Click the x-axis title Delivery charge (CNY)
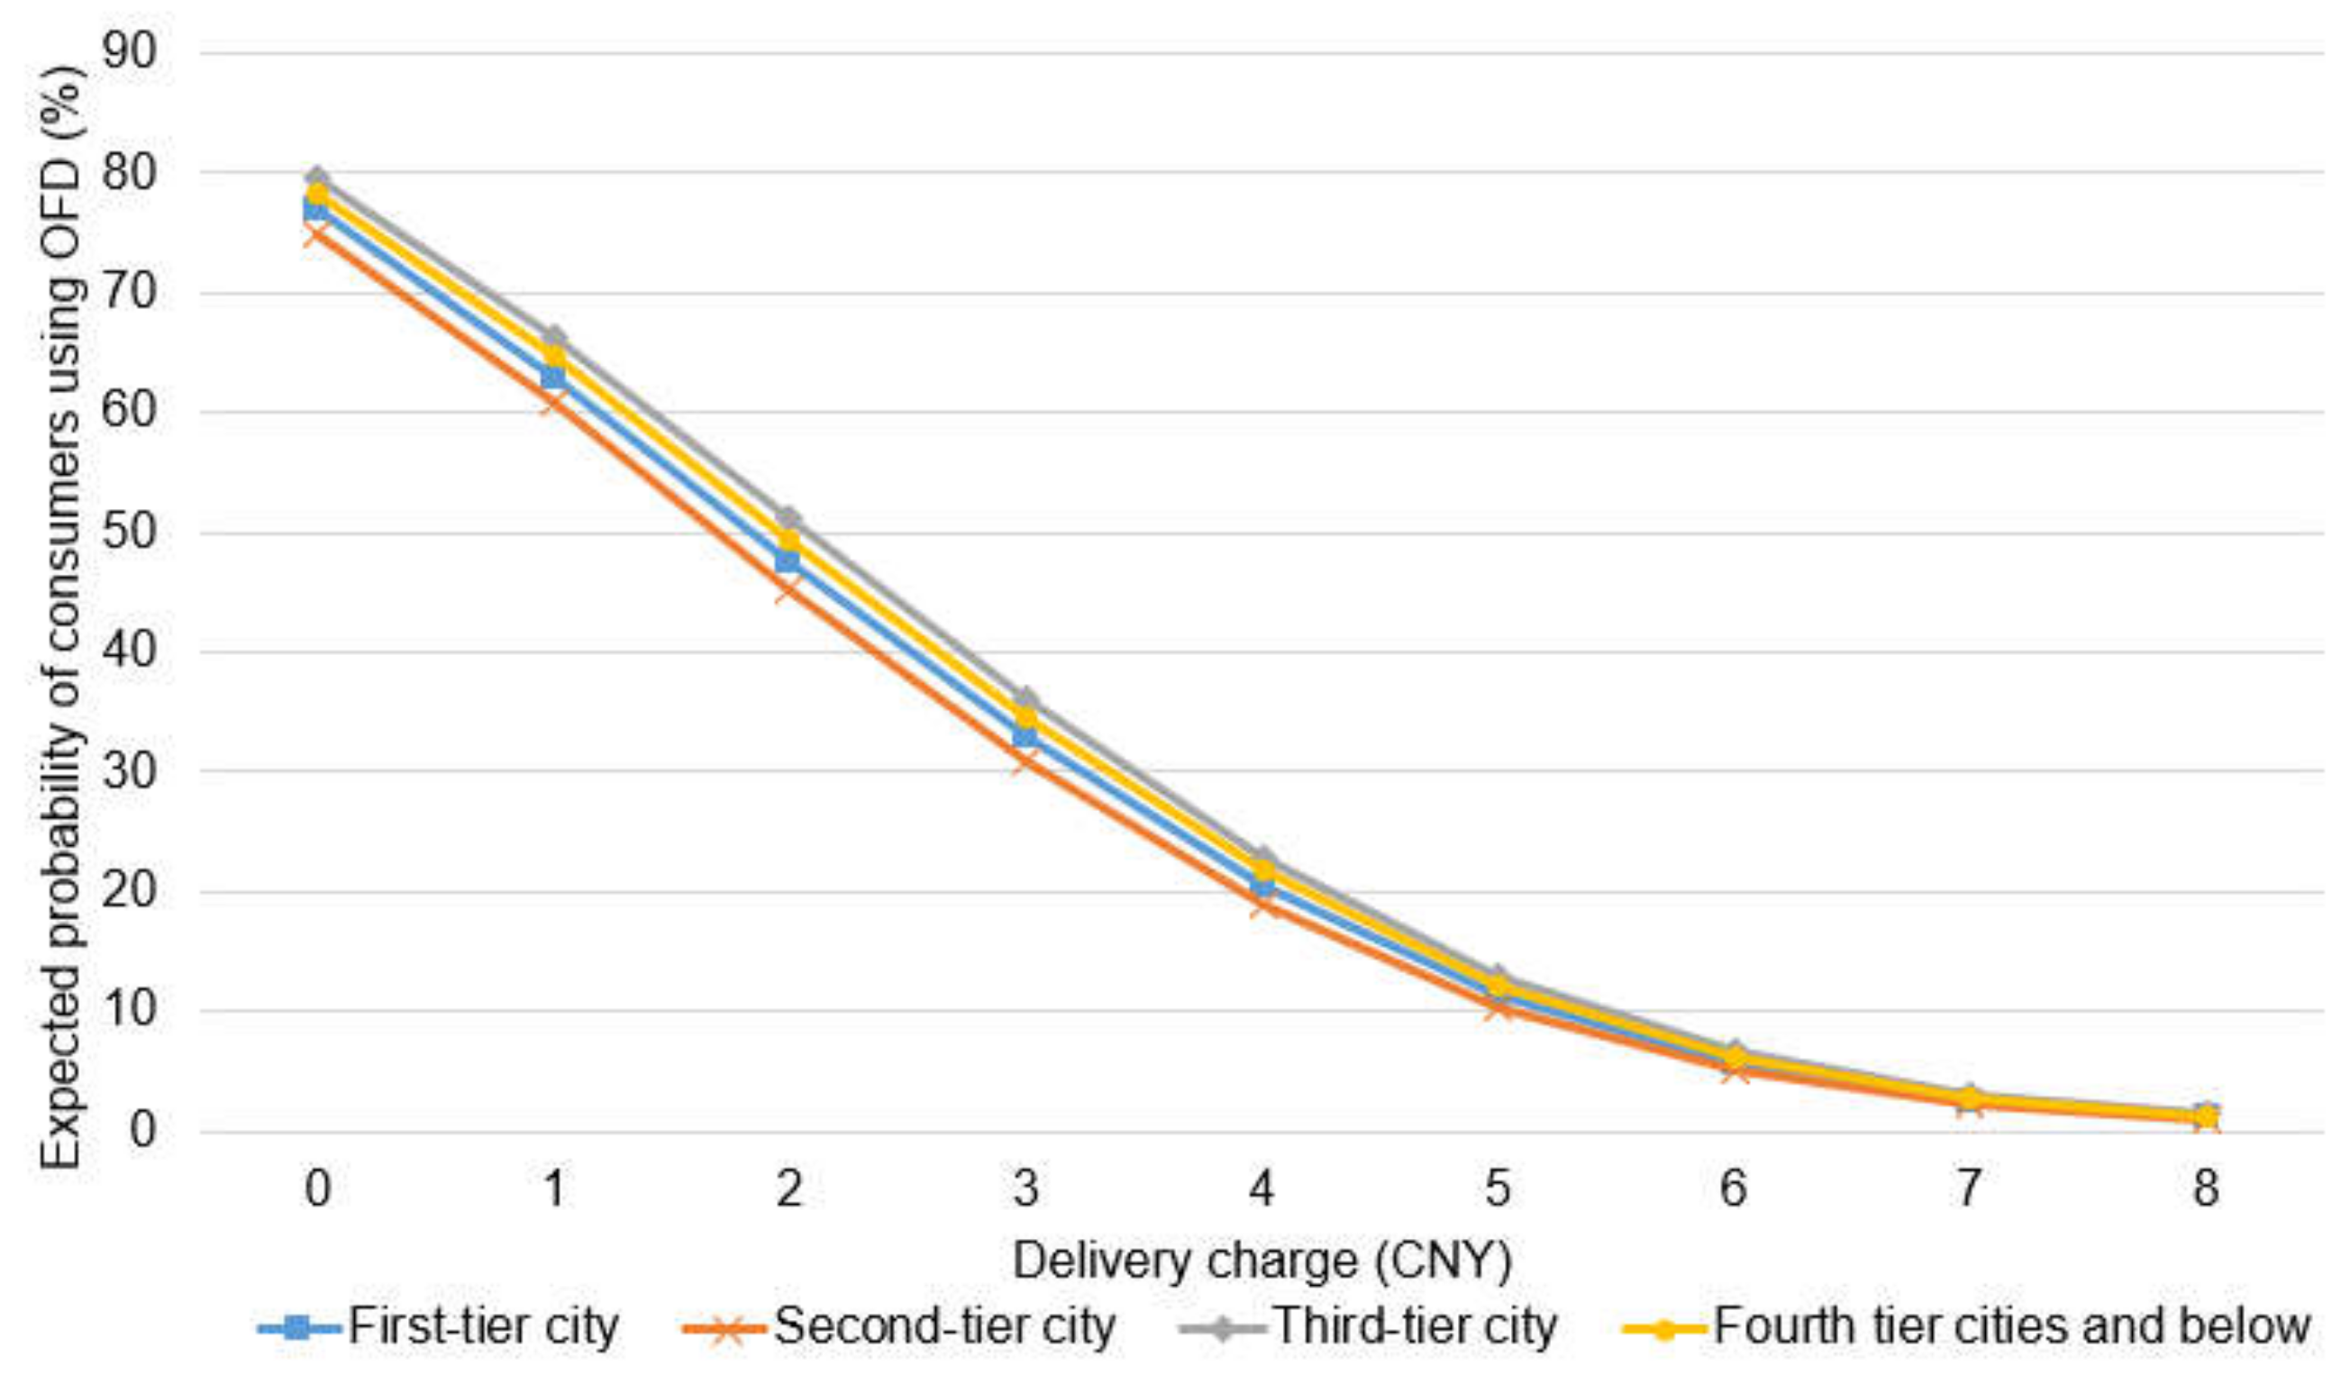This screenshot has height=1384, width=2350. [x=1261, y=1261]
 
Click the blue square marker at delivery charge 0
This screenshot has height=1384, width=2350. [x=317, y=208]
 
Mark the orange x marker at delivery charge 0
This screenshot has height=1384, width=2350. [x=317, y=231]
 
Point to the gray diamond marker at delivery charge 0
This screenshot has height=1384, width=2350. [x=317, y=178]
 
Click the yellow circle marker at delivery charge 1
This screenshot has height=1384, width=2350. [x=554, y=356]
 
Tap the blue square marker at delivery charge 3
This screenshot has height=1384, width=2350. [x=1025, y=736]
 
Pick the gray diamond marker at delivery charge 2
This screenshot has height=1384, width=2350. [x=789, y=517]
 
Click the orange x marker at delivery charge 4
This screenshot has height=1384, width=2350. [x=1261, y=904]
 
